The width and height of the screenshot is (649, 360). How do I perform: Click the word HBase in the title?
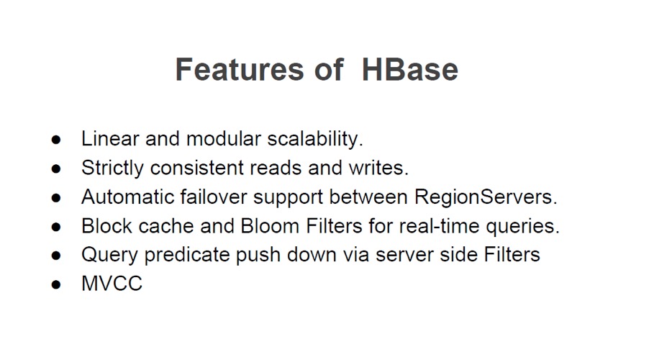click(x=410, y=69)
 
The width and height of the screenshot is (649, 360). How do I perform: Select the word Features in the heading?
click(x=240, y=69)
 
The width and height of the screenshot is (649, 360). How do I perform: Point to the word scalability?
click(x=315, y=139)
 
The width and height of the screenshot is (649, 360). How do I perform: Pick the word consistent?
click(x=197, y=168)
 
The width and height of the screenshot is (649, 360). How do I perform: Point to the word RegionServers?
click(x=486, y=197)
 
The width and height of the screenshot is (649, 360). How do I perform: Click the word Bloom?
click(x=270, y=226)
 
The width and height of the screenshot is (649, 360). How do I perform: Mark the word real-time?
click(x=439, y=226)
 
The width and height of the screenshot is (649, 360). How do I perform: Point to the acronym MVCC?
click(x=112, y=284)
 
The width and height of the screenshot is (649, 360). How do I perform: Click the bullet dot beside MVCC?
click(x=56, y=284)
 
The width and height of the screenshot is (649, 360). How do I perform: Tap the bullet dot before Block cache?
click(x=56, y=227)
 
